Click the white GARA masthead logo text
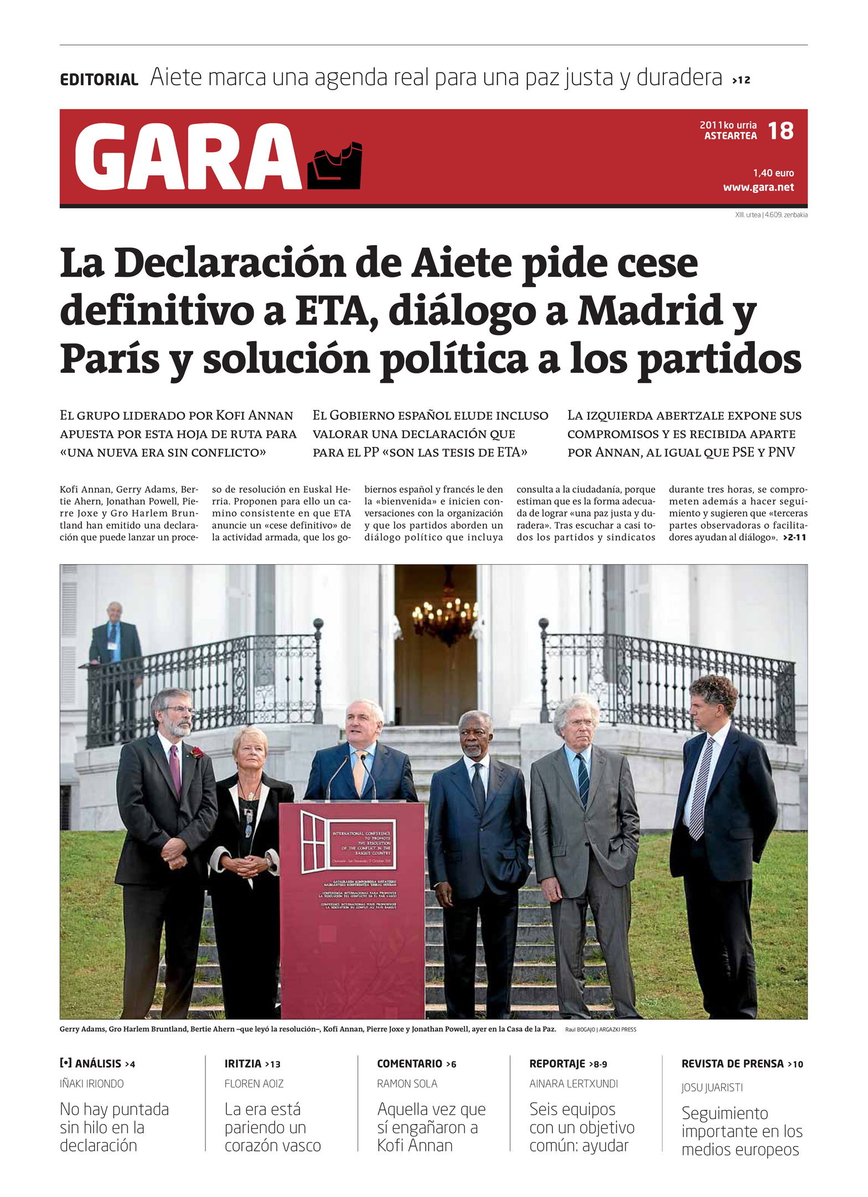188,157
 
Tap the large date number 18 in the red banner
781,131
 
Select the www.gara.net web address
758,188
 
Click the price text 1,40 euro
773,173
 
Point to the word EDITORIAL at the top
99,80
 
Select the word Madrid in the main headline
651,311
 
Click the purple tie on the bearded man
175,769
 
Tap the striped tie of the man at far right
701,786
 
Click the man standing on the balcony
115,642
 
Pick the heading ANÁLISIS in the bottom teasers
98,1064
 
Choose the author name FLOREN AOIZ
252,1084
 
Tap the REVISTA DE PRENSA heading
732,1064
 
